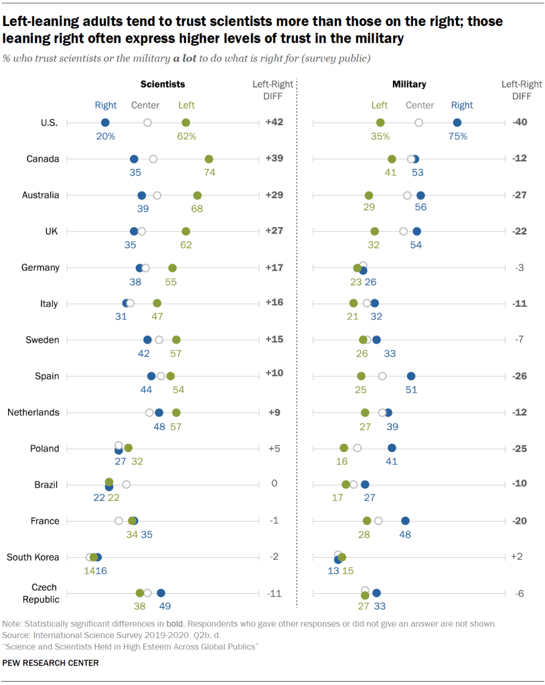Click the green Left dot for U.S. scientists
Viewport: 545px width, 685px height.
click(x=185, y=123)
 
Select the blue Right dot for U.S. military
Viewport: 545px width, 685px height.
click(x=457, y=123)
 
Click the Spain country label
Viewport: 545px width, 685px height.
click(x=47, y=376)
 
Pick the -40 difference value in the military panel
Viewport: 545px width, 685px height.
click(x=518, y=123)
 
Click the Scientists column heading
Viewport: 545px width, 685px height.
click(x=162, y=84)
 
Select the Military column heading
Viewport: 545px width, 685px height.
click(x=408, y=84)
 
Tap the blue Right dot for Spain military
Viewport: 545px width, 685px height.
click(x=411, y=376)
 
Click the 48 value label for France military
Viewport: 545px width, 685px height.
click(x=405, y=534)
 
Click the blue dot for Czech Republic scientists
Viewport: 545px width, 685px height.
click(x=161, y=593)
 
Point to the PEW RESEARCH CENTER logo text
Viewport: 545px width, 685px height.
click(x=51, y=662)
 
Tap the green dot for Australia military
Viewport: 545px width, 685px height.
click(x=369, y=195)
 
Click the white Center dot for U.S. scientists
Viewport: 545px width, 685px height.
click(x=147, y=123)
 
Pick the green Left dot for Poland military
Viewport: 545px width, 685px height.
click(x=343, y=448)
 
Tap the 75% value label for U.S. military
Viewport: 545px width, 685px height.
click(x=457, y=136)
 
